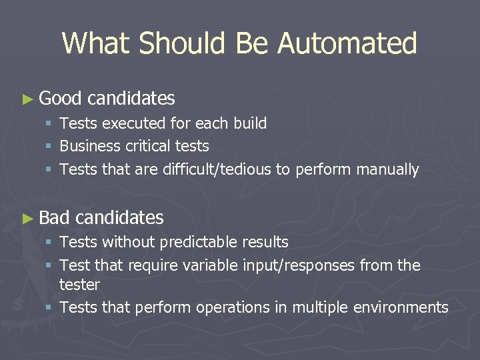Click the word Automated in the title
coord(347,43)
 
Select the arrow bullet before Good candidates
coord(27,99)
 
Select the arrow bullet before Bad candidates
coord(27,218)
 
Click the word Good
coord(60,99)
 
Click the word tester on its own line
coord(79,285)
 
